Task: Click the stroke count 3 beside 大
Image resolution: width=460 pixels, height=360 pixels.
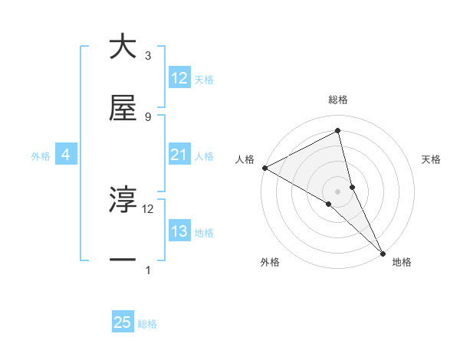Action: tap(147, 56)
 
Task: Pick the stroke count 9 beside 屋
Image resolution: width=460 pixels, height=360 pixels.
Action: tap(147, 117)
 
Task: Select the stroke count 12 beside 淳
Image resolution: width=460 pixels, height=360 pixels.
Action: tap(148, 208)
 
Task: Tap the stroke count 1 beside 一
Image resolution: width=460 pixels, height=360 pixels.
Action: tap(147, 270)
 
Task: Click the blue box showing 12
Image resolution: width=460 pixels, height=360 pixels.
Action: tap(179, 78)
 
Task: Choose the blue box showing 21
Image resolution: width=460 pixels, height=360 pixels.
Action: tap(179, 155)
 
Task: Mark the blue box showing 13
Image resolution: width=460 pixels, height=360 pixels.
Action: tap(179, 231)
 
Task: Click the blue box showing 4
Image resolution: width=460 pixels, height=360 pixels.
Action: tap(65, 155)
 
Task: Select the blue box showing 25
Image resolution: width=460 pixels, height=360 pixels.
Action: tap(123, 323)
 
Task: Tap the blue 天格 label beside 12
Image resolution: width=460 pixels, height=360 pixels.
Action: tap(204, 79)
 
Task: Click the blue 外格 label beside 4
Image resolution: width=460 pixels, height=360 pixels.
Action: tap(41, 156)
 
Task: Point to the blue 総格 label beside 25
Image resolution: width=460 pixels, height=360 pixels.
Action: tap(147, 324)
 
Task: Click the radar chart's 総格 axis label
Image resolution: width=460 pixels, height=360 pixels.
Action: tap(338, 100)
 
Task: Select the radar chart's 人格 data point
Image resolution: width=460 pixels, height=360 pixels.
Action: tap(264, 168)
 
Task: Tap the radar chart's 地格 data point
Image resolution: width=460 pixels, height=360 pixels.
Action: tap(383, 251)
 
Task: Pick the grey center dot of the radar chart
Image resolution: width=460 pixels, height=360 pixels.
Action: tap(338, 191)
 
